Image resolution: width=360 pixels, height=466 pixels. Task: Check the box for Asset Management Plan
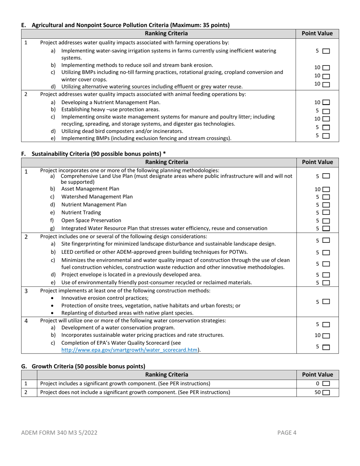coord(326,189)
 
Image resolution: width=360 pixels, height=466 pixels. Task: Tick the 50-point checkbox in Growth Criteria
coord(326,393)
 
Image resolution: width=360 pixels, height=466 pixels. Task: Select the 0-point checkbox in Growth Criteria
coord(326,384)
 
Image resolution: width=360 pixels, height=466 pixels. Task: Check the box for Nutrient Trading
coord(326,213)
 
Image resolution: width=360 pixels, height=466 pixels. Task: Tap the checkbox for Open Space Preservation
coord(326,221)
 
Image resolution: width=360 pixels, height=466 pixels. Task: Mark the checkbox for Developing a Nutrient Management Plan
coord(326,102)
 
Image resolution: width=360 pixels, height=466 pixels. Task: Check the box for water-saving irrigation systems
coord(326,51)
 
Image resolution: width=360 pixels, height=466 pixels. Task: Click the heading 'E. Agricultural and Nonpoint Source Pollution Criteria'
coord(125,25)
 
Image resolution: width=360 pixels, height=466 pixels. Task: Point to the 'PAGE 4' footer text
coord(287,433)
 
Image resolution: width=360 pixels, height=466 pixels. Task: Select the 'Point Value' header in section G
coord(317,375)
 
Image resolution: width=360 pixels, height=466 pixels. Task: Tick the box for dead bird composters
coord(326,128)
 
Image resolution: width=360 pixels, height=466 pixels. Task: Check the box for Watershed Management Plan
coord(326,197)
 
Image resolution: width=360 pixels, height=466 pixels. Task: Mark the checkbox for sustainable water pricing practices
coord(326,336)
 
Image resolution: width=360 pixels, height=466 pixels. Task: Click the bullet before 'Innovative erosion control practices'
coord(52,299)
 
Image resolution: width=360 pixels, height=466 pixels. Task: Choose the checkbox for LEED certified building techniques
coord(326,253)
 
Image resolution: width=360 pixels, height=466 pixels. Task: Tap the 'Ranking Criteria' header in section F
coord(167,162)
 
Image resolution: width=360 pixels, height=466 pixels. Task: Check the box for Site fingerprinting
coord(326,241)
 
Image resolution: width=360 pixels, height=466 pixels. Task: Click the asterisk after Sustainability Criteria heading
coord(164,153)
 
